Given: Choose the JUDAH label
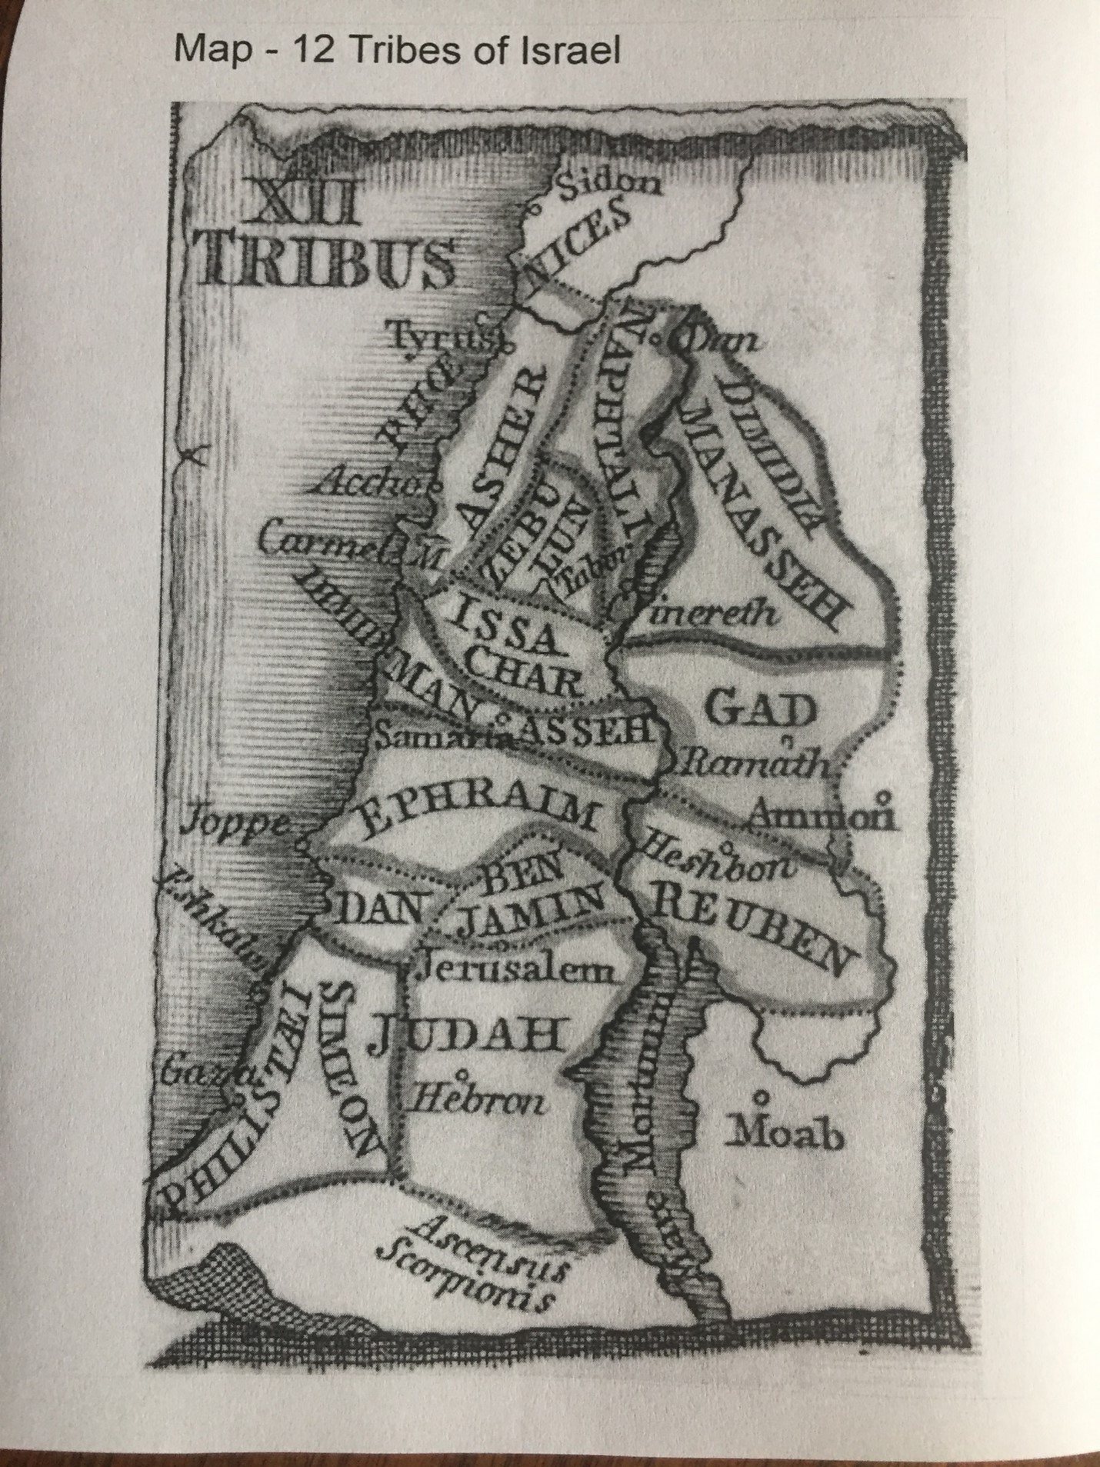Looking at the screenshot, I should (468, 1036).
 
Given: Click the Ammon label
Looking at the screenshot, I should (821, 816).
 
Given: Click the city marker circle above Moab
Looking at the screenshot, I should (762, 1094).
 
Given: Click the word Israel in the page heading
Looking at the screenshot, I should (571, 51).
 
